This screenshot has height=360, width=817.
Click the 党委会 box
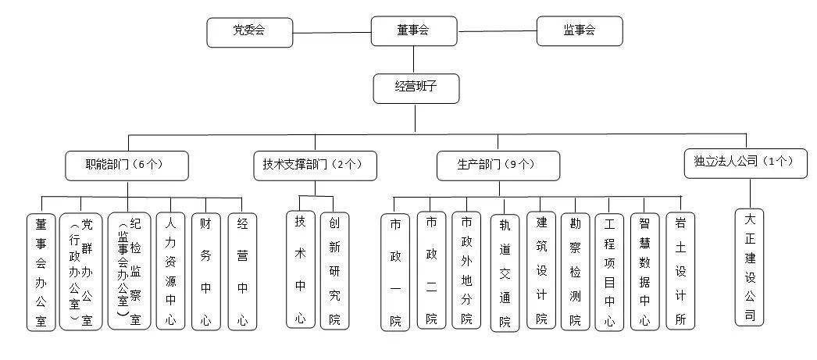[x=250, y=32]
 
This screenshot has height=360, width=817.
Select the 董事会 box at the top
[x=414, y=30]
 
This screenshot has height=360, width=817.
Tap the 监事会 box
[x=580, y=30]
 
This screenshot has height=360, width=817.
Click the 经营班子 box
[x=416, y=88]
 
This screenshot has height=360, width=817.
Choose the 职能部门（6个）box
[x=127, y=166]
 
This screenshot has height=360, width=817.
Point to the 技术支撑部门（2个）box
[x=316, y=166]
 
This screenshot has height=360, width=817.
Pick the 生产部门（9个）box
[x=498, y=166]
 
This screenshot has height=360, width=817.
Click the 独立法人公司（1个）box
[x=746, y=163]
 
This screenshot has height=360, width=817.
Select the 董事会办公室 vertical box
[x=41, y=272]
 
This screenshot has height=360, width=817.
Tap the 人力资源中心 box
[x=170, y=271]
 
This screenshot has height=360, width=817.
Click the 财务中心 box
[x=206, y=272]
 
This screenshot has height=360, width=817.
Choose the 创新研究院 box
[x=334, y=271]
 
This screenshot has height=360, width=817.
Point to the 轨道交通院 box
[x=505, y=273]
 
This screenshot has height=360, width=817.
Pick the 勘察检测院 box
[x=575, y=272]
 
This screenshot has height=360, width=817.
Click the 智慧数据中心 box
[x=645, y=272]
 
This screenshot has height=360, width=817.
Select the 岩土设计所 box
[x=680, y=271]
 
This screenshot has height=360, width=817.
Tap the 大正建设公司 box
[x=750, y=267]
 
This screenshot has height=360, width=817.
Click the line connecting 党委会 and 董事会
[x=332, y=33]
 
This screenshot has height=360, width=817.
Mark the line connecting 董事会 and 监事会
[x=497, y=31]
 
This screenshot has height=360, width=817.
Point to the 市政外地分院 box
[x=466, y=270]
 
